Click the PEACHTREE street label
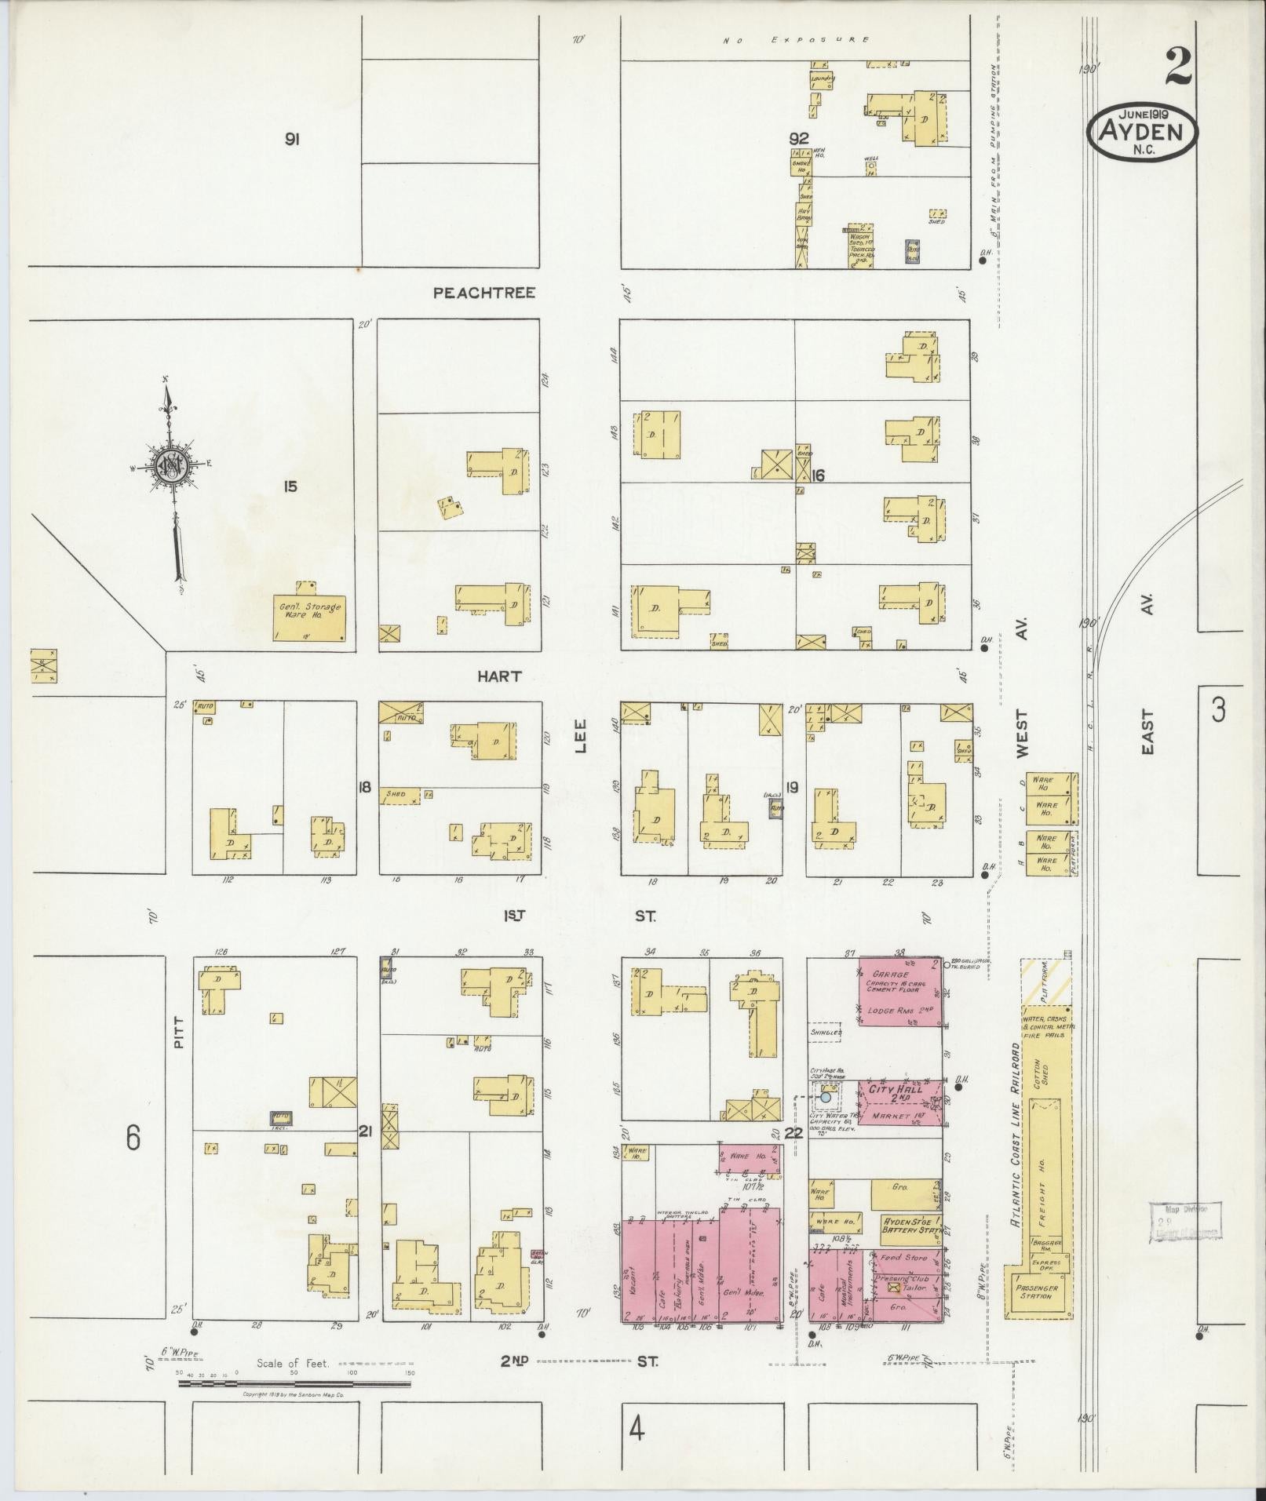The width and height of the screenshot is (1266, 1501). coord(484,293)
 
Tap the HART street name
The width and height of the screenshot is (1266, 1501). coord(499,676)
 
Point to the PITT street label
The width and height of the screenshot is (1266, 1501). coord(178,1032)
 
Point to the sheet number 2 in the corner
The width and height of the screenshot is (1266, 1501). coord(1177,67)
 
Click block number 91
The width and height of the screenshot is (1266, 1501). coord(292,140)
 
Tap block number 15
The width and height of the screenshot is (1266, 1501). coord(291,486)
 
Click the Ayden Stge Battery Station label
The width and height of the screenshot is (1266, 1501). coord(911,1225)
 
